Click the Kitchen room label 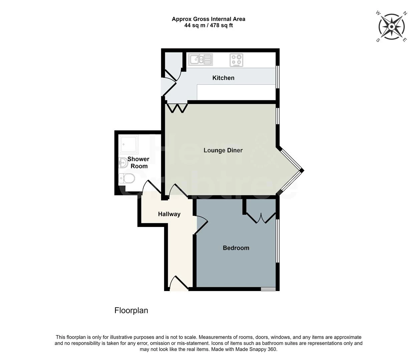[223, 78]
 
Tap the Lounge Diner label [223, 150]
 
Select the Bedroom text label [236, 248]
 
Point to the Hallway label [169, 214]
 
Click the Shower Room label [138, 163]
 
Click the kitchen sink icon [200, 60]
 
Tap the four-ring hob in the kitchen [236, 60]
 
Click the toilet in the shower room [127, 178]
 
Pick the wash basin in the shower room [123, 163]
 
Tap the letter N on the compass [405, 14]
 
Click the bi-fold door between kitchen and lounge [177, 108]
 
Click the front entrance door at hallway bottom [179, 284]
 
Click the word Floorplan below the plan [131, 311]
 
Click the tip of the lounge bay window [302, 171]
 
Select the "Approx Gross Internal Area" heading [208, 19]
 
